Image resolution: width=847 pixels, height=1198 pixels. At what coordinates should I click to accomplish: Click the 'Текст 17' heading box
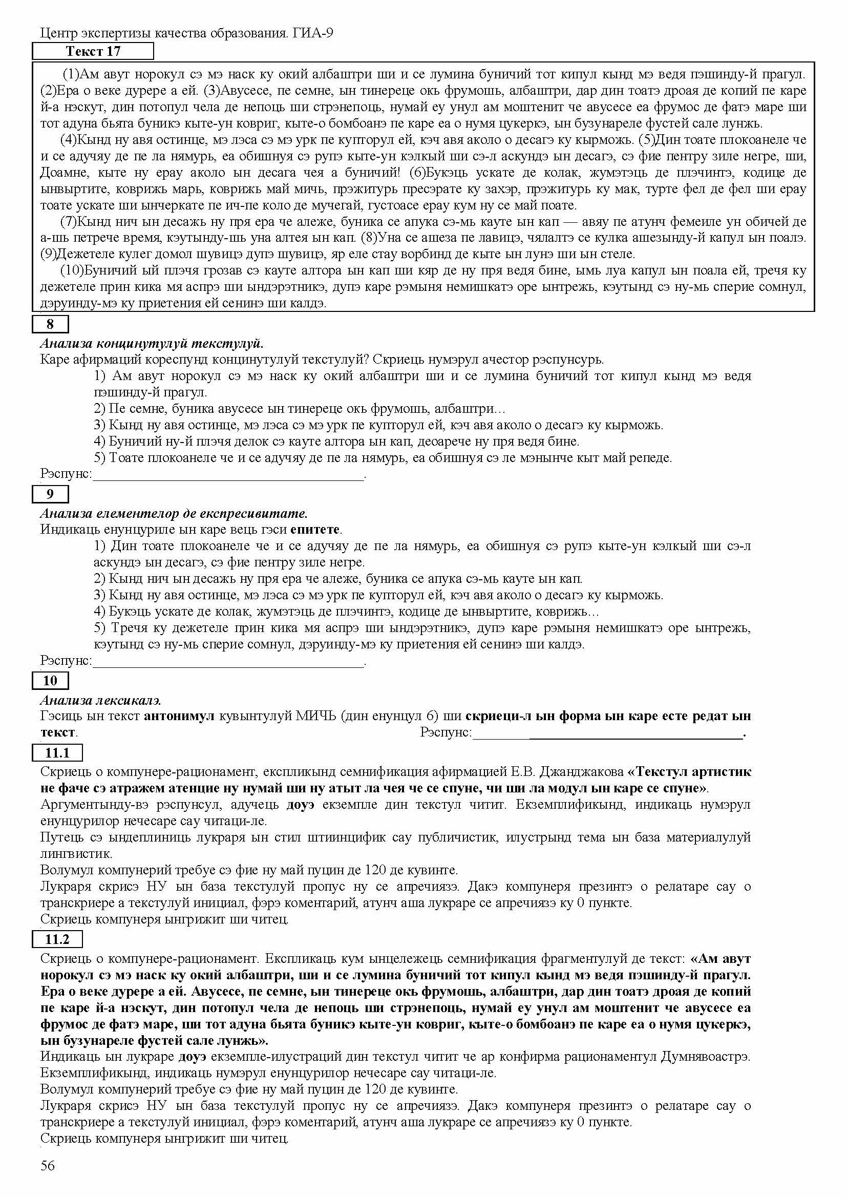[x=93, y=51]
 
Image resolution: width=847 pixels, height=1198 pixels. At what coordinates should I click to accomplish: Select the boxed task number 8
[x=50, y=324]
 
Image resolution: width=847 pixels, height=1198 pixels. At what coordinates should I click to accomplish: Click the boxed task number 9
[x=50, y=494]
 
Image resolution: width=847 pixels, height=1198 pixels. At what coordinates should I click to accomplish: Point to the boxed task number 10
[x=50, y=680]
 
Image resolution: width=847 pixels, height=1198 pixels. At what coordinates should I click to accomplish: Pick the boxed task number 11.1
[x=57, y=753]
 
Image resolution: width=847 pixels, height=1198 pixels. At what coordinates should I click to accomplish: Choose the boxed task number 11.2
[x=57, y=940]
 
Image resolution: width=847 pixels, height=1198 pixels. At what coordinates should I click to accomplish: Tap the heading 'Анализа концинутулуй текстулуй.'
[x=152, y=343]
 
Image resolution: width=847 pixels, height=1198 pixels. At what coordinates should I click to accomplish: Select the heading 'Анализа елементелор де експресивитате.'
[x=174, y=513]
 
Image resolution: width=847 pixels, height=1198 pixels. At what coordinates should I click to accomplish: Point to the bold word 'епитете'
[x=315, y=530]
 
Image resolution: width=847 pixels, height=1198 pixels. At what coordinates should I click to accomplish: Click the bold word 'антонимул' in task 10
[x=179, y=717]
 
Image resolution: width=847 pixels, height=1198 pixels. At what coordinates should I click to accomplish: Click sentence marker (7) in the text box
[x=69, y=222]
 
